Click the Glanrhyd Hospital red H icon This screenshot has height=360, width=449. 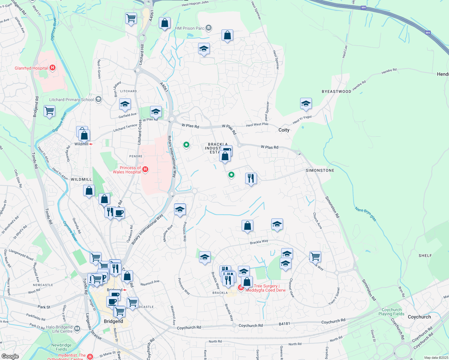click(x=53, y=68)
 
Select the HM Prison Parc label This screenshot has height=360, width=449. click(x=189, y=28)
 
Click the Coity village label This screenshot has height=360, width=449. click(x=284, y=130)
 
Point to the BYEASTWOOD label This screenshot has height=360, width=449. click(x=336, y=91)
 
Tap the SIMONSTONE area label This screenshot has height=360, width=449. click(x=320, y=170)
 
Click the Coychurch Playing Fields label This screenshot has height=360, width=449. click(x=391, y=312)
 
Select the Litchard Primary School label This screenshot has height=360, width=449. click(x=71, y=100)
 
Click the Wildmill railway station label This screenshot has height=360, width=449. click(x=82, y=144)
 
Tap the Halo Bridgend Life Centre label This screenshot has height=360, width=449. click(x=59, y=329)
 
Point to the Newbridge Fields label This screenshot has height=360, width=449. click(x=61, y=347)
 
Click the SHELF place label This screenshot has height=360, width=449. click(x=425, y=256)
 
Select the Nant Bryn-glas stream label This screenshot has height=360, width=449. click(x=365, y=214)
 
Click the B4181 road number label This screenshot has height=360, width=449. click(x=284, y=324)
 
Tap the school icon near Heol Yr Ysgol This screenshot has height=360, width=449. click(x=306, y=104)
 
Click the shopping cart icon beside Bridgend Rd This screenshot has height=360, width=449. click(x=50, y=111)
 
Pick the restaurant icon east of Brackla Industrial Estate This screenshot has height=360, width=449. click(x=251, y=178)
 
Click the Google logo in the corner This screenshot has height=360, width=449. click(x=10, y=356)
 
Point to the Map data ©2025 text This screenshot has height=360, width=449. click(x=435, y=358)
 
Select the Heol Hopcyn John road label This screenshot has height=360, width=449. click(x=195, y=4)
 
